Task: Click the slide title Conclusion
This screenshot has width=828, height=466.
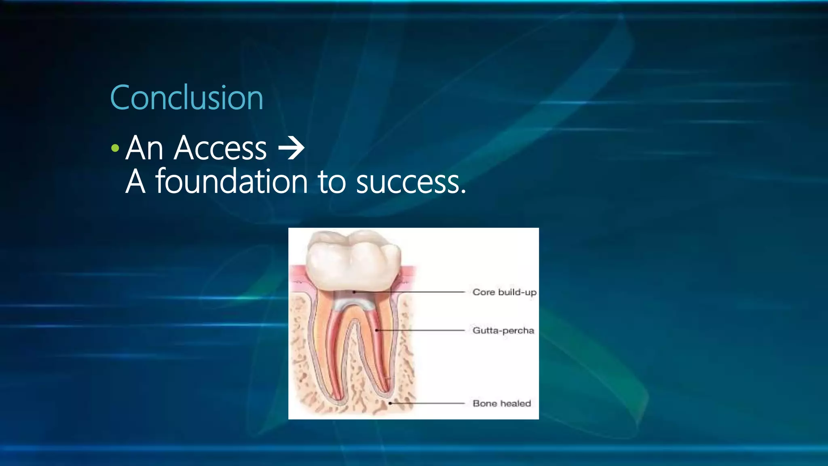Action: pyautogui.click(x=186, y=98)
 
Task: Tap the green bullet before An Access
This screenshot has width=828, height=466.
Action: pyautogui.click(x=115, y=148)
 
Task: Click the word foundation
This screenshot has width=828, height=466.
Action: pyautogui.click(x=232, y=182)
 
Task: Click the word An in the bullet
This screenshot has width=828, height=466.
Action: pyautogui.click(x=144, y=148)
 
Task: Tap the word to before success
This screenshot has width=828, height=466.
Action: pyautogui.click(x=332, y=182)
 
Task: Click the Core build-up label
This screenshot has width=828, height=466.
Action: pyautogui.click(x=504, y=292)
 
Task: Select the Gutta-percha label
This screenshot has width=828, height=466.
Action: pyautogui.click(x=503, y=330)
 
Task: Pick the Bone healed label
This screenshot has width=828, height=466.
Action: pyautogui.click(x=501, y=403)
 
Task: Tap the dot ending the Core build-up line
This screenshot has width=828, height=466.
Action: pyautogui.click(x=354, y=292)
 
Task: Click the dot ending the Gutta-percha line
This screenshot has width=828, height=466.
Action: pyautogui.click(x=377, y=330)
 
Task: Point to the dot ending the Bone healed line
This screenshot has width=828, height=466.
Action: pyautogui.click(x=390, y=403)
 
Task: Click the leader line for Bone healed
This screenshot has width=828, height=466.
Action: pyautogui.click(x=429, y=403)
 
